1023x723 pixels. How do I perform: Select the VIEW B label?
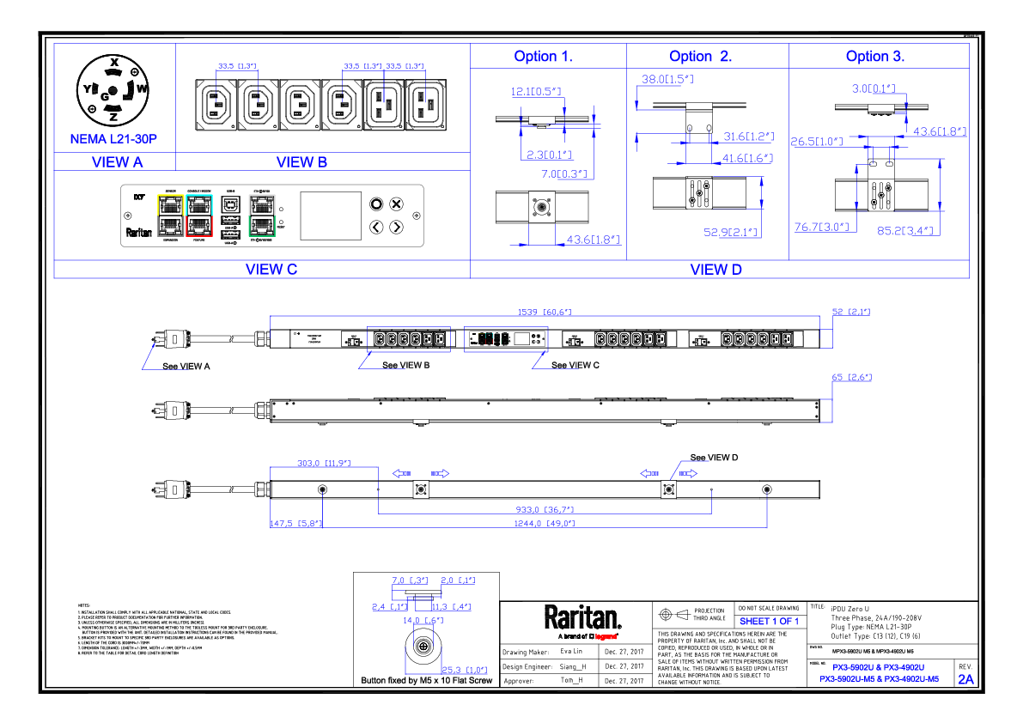(301, 161)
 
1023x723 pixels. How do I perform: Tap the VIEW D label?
(716, 270)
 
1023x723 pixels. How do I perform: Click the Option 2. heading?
(701, 57)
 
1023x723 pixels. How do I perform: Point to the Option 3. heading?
(875, 57)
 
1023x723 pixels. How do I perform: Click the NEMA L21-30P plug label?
(113, 138)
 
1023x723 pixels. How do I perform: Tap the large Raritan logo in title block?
(582, 617)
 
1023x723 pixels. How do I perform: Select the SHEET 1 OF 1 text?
(769, 621)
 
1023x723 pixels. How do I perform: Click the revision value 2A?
(966, 679)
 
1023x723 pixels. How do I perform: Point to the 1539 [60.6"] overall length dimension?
(544, 312)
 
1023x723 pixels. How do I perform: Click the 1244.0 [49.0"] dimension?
(544, 523)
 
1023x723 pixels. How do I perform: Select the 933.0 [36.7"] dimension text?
(544, 508)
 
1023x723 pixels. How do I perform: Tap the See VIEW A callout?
(186, 366)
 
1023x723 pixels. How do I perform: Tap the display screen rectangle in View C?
(330, 216)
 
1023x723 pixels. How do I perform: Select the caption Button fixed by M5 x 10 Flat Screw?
(427, 681)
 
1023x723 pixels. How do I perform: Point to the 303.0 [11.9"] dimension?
(323, 463)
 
